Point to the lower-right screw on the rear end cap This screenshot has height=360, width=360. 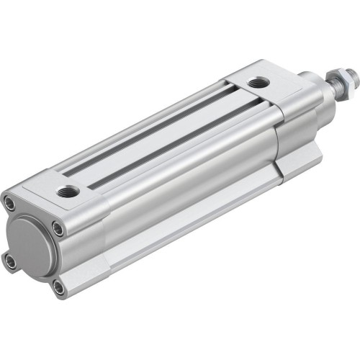[58, 289]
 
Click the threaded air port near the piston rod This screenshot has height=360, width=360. [257, 84]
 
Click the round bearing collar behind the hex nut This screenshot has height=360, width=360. [314, 84]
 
